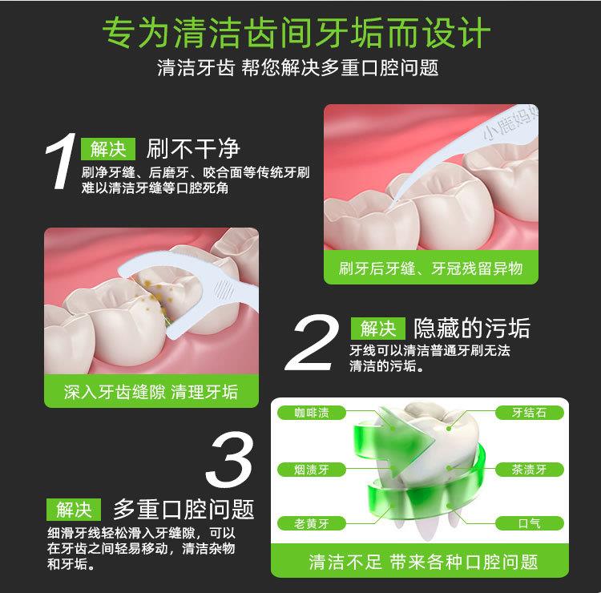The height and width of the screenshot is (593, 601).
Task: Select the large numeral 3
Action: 229,459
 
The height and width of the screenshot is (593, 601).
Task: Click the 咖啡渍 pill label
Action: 312,413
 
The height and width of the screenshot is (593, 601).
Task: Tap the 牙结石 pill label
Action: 530,413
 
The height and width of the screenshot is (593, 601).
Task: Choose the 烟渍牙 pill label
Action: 312,470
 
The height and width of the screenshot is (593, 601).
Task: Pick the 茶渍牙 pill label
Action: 530,470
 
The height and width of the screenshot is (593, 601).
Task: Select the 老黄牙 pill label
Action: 312,523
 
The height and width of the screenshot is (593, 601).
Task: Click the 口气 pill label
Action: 530,523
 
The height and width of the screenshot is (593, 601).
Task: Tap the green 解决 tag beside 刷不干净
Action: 108,149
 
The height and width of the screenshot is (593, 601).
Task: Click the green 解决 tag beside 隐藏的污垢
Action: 378,329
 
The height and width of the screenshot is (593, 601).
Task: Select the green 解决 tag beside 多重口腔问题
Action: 74,510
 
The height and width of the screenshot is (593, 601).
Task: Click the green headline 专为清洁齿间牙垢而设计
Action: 296,33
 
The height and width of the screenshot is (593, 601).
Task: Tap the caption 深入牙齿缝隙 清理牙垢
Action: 151,392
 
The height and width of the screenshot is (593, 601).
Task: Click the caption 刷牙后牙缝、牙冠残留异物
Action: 430,268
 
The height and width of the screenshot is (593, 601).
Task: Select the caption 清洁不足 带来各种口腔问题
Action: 423,562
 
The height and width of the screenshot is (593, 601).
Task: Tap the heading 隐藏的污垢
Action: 472,328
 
